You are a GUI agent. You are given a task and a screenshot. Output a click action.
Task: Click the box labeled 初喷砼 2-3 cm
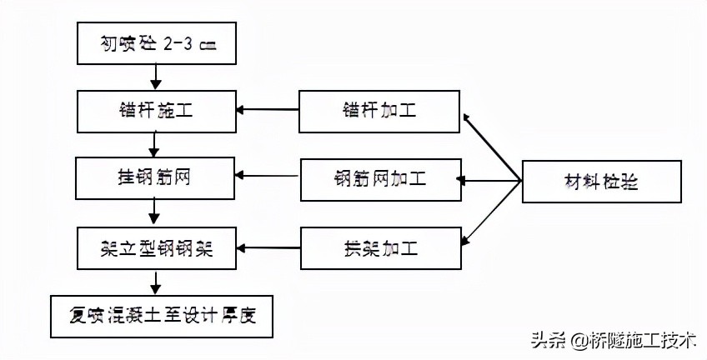156,43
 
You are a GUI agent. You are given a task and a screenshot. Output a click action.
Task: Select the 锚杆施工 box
156,110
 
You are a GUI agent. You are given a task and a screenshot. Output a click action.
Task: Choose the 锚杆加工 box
379,110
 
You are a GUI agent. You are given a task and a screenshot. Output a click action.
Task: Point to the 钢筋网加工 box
379,178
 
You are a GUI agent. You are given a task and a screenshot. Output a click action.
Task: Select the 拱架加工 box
379,247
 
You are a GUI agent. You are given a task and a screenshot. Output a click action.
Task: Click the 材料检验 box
601,180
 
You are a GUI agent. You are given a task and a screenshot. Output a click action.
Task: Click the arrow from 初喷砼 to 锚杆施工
156,77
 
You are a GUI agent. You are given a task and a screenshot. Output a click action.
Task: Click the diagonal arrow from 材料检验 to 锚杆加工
492,147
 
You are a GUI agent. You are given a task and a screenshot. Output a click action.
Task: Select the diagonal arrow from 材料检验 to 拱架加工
492,212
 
